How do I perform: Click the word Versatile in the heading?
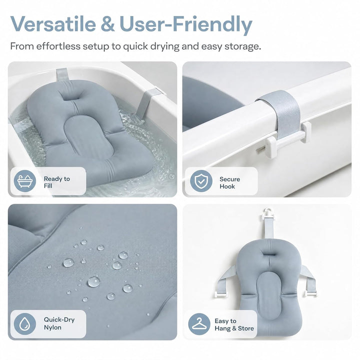[53, 24]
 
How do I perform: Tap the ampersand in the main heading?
[107, 24]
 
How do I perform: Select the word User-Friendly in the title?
[186, 25]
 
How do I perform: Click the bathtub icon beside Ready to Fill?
[25, 181]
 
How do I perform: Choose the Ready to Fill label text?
[56, 182]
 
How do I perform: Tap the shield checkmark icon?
[201, 181]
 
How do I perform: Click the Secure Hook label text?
[229, 183]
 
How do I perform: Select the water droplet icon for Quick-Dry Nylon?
[25, 324]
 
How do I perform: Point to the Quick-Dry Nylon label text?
[59, 323]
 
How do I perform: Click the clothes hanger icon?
[199, 324]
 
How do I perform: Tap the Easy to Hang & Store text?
[234, 324]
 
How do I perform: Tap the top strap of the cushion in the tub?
[62, 75]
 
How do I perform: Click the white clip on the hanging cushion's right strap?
[311, 292]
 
